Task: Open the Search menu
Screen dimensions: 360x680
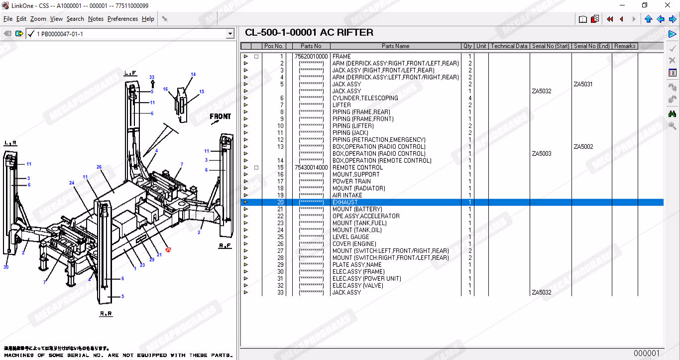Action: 75,19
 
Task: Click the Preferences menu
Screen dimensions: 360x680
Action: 122,19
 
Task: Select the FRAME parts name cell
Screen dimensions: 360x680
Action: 341,57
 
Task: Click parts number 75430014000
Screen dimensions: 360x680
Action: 311,168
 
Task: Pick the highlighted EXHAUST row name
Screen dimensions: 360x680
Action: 345,203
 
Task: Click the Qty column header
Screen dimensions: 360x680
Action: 467,46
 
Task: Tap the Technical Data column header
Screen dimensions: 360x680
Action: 509,46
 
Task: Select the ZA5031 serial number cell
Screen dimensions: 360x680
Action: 583,84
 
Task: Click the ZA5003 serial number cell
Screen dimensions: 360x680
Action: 542,154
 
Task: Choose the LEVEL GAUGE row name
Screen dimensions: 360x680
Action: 351,237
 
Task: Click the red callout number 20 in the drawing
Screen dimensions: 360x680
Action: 168,249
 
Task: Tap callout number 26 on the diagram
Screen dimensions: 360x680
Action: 99,167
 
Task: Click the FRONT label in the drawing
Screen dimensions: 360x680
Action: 220,117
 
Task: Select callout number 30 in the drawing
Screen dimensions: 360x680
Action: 6,267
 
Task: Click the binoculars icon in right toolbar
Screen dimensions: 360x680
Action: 672,114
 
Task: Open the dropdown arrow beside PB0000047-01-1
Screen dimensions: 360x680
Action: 230,34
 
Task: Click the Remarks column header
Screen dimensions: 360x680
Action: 625,46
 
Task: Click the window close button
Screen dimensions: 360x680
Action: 668,5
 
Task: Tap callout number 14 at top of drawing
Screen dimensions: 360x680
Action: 193,74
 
